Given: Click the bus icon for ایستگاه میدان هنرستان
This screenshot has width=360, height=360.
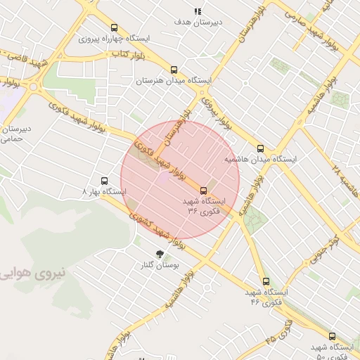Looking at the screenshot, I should [174, 69].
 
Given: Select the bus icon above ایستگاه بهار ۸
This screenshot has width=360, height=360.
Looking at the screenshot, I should [105, 180].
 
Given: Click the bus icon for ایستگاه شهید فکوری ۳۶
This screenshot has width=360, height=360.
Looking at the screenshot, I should [204, 190].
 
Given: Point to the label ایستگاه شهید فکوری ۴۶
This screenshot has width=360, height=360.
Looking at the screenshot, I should [264, 296].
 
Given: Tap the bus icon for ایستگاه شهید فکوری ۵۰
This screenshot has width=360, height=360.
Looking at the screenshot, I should [333, 336].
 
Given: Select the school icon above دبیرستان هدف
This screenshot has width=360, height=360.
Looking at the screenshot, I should [198, 11].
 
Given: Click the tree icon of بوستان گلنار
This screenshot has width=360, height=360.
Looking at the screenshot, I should [160, 253].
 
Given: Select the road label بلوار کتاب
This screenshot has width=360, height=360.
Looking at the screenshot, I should [129, 53].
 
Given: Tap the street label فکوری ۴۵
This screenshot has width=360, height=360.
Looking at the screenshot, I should [279, 333].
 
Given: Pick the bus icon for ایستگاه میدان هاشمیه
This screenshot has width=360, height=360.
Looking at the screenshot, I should [261, 148].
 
